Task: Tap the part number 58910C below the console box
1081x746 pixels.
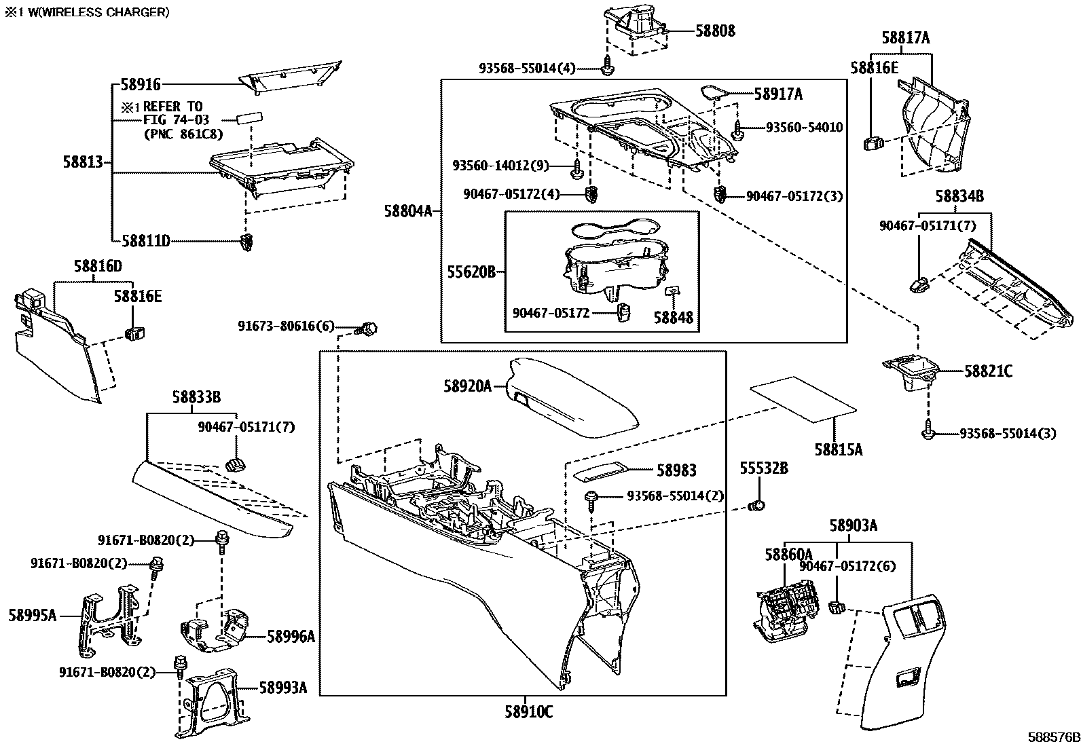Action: (x=528, y=712)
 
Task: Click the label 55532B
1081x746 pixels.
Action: (x=764, y=468)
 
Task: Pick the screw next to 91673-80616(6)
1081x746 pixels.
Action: (x=369, y=329)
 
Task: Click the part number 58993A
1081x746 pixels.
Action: (x=282, y=688)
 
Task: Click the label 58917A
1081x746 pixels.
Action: (x=777, y=94)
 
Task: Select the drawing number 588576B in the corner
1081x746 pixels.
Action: (x=1052, y=737)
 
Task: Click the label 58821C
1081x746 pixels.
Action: (x=988, y=371)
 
